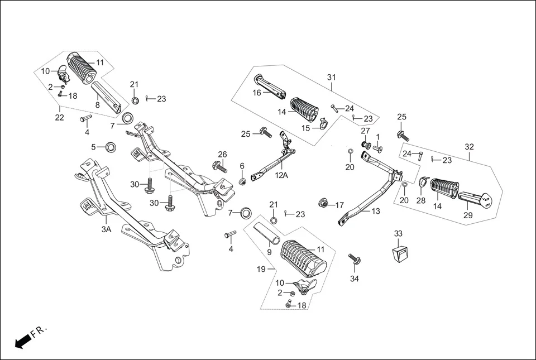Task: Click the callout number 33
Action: (398, 233)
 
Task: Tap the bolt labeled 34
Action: (355, 260)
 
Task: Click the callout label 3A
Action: (106, 229)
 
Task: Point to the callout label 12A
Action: (282, 175)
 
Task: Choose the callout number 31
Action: (332, 76)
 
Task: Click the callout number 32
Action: (469, 147)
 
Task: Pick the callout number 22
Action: (59, 117)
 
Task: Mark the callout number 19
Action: (261, 270)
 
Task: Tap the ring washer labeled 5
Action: (111, 147)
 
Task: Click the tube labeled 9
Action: (267, 233)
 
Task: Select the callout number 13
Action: (375, 212)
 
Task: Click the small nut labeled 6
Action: (243, 182)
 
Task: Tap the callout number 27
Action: (365, 131)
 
